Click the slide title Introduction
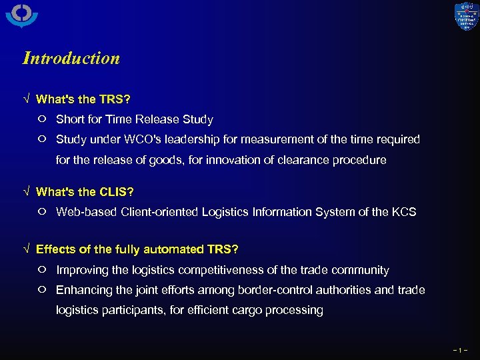click(71, 58)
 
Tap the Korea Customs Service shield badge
click(466, 17)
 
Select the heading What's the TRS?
click(83, 99)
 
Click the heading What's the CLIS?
click(85, 192)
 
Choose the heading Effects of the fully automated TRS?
click(137, 249)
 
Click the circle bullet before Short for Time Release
click(42, 119)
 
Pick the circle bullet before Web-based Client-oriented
click(42, 212)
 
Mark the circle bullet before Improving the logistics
click(42, 270)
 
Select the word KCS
click(403, 212)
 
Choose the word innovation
click(251, 160)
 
